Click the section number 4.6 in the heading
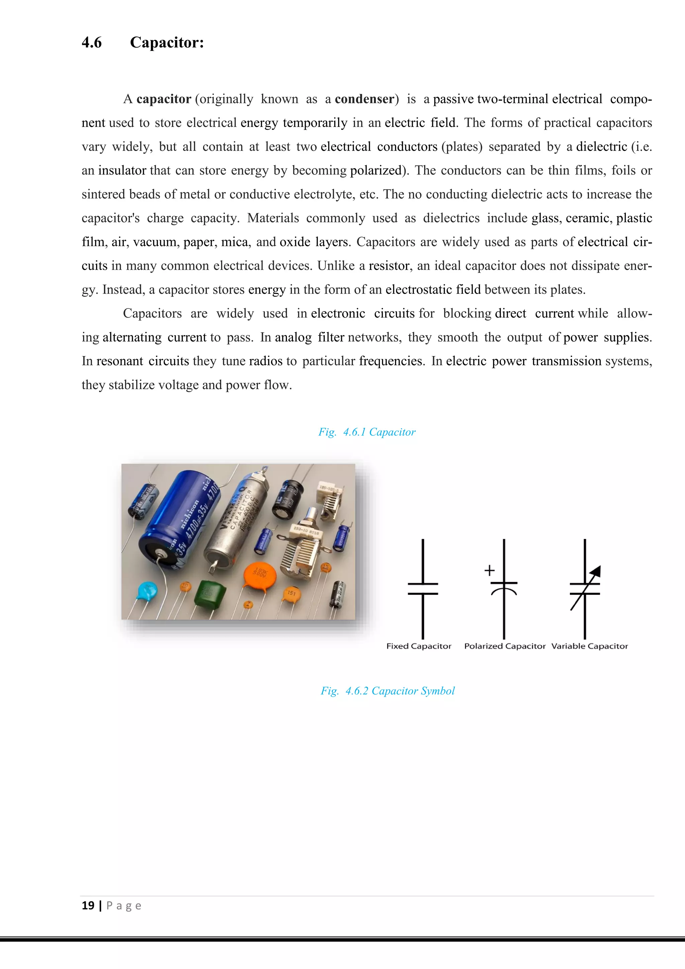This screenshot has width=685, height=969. pos(92,42)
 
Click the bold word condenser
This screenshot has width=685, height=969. pos(365,99)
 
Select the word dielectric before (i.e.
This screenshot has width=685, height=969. pos(601,147)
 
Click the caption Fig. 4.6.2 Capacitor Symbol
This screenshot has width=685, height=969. pos(388,691)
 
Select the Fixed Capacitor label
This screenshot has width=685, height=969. pos(418,646)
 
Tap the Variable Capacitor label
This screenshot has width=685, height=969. pos(589,646)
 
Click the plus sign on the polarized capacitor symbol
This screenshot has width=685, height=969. pos(489,570)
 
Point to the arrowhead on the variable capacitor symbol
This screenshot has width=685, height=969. pos(596,571)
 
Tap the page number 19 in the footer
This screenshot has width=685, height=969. pos(88,906)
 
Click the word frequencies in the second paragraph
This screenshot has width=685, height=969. pos(391,361)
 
